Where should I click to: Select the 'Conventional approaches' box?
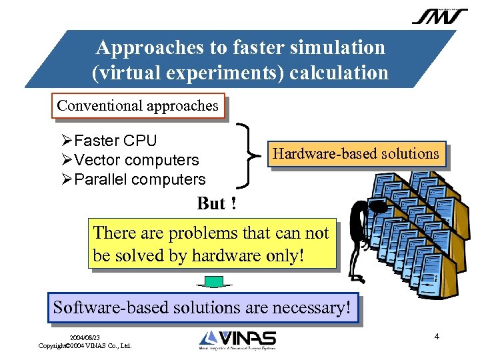point(138,105)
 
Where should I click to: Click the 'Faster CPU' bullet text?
point(115,141)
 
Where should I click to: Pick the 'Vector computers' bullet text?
point(136,160)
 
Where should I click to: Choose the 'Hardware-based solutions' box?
point(356,154)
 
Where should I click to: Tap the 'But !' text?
point(217,203)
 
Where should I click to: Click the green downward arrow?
point(213,283)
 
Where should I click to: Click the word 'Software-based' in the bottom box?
point(106,308)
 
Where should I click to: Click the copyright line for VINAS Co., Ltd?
point(85,346)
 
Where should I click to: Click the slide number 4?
point(437,336)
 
